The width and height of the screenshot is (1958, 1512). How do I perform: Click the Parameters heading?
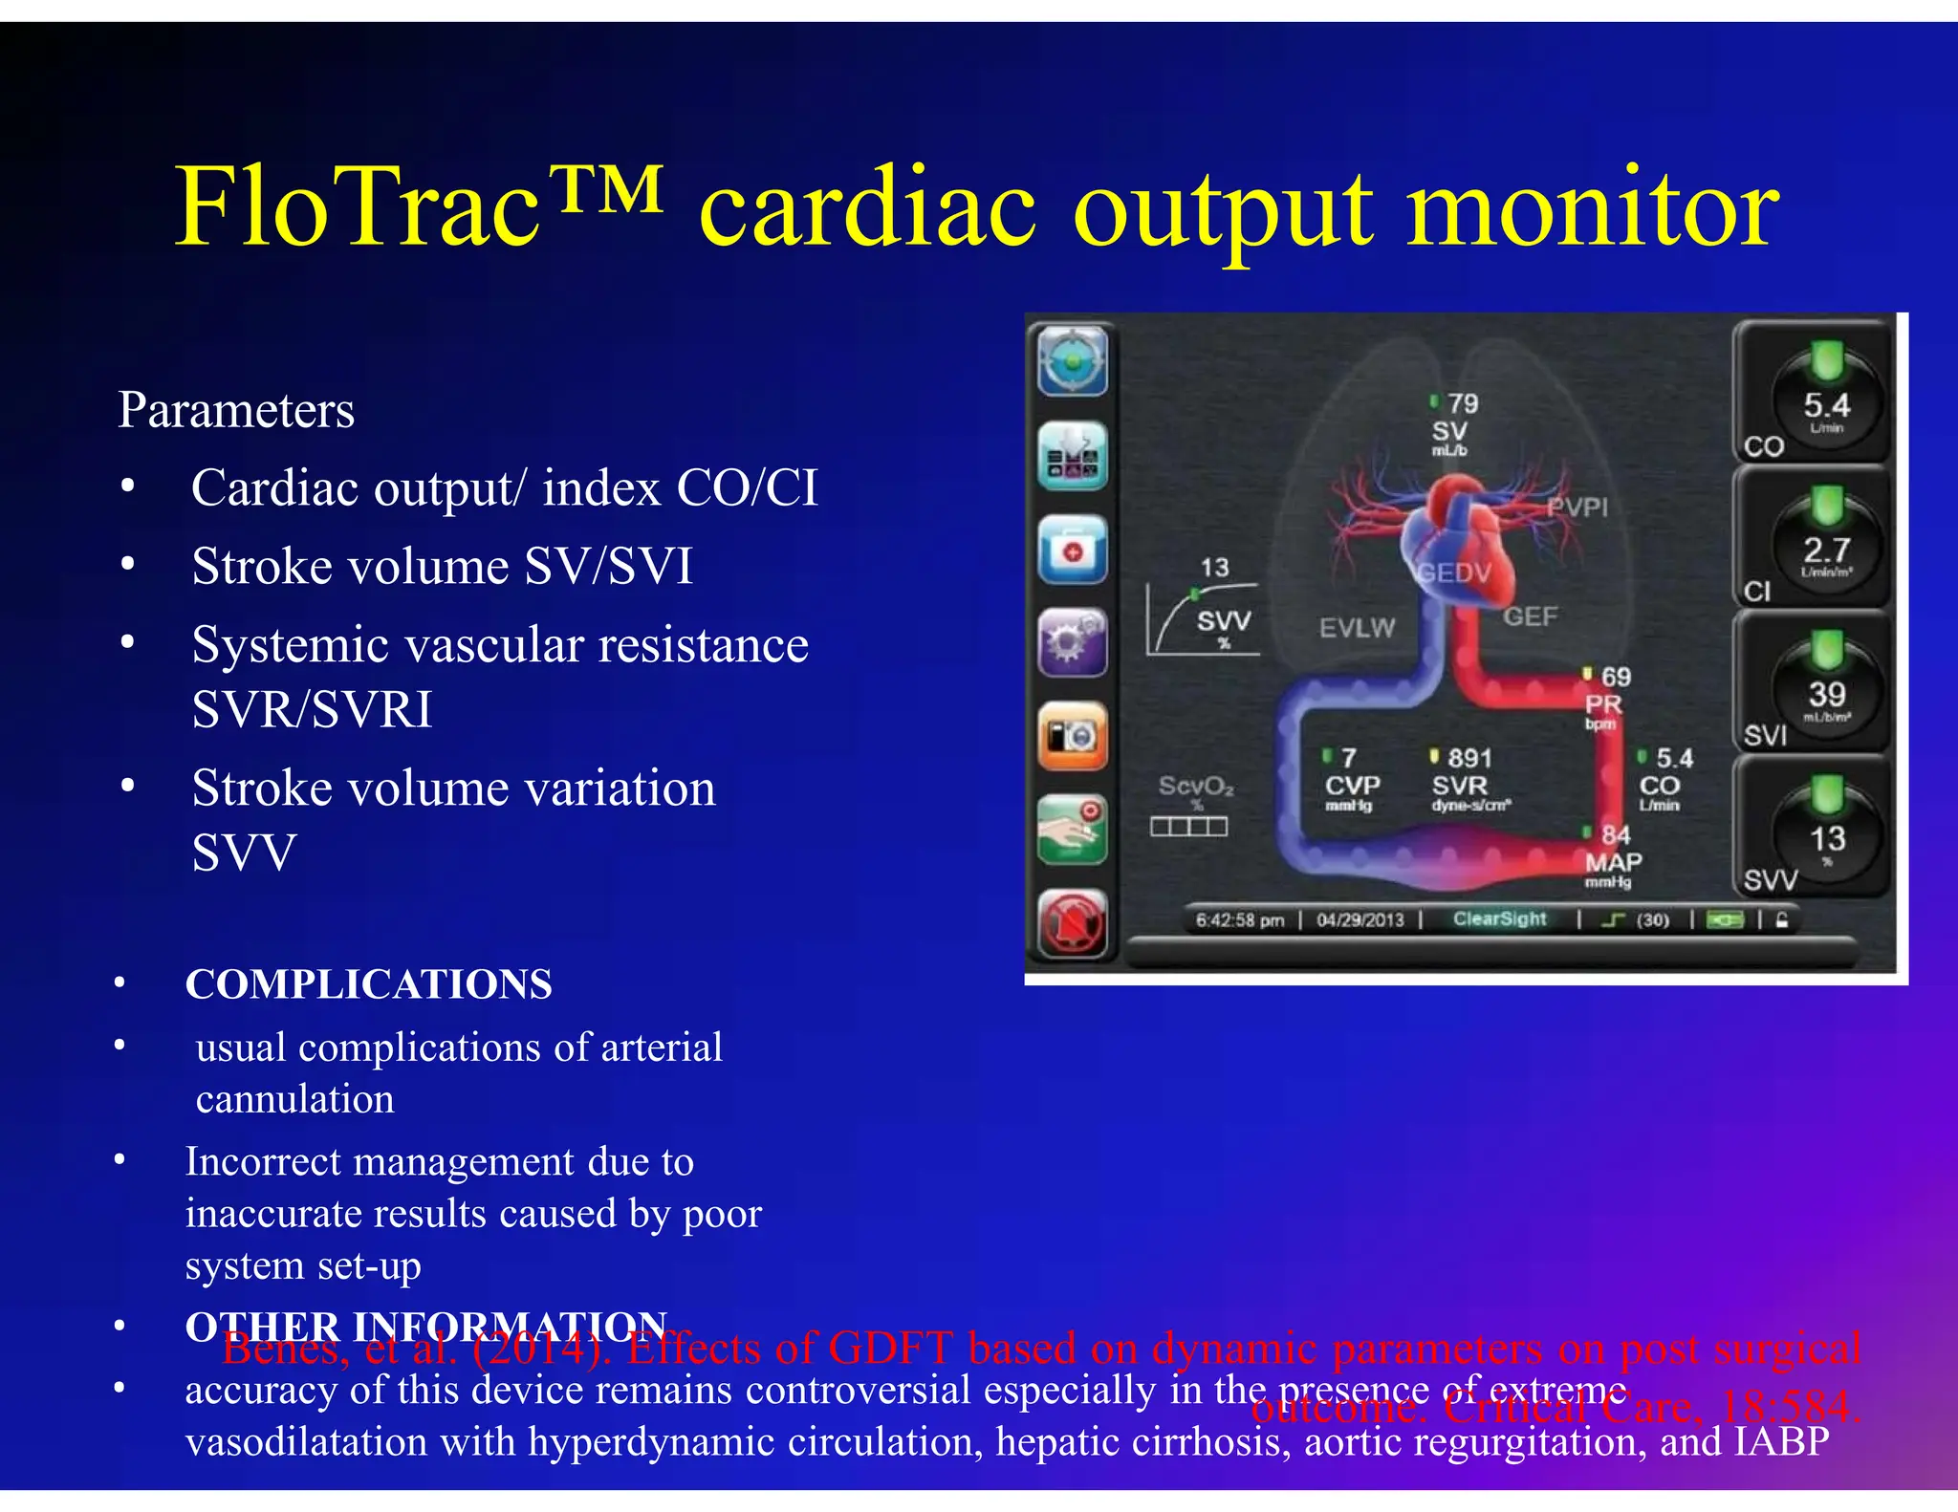[x=236, y=410]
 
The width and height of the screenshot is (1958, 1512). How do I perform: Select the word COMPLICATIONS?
[x=369, y=984]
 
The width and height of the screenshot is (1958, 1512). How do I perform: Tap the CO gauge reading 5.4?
[x=1826, y=405]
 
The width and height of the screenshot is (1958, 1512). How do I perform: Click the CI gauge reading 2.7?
[x=1826, y=550]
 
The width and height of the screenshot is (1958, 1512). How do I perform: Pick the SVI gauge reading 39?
[x=1826, y=695]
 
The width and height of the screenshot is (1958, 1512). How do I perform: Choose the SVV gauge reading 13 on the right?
[x=1826, y=839]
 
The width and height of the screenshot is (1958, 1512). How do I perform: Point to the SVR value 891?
[x=1469, y=759]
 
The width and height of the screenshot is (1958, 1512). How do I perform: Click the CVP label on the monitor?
[x=1352, y=786]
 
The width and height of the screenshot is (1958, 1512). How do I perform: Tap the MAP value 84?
[x=1616, y=835]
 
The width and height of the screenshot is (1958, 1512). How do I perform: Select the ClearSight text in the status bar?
[x=1499, y=919]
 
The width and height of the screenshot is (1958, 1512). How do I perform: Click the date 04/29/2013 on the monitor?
[x=1360, y=920]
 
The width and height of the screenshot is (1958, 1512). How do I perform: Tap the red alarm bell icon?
[x=1073, y=923]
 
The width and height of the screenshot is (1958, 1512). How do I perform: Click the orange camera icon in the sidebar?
[x=1073, y=737]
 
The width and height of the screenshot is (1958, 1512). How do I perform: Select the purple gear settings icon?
[x=1073, y=642]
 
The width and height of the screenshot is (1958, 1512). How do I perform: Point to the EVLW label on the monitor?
[x=1357, y=628]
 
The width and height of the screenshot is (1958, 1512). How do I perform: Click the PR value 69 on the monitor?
[x=1616, y=678]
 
